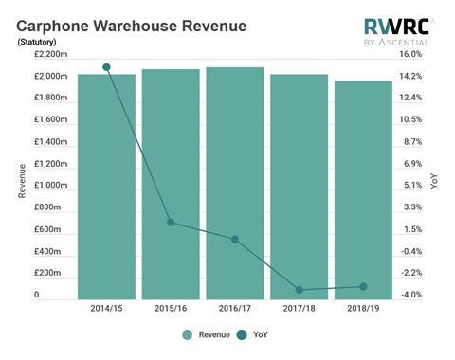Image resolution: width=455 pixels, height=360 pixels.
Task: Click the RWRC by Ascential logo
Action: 396,31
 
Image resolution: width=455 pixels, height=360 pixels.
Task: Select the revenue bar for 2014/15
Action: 106,186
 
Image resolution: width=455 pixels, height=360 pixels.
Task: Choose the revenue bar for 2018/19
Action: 362,189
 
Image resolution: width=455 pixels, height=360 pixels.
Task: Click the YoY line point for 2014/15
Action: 106,67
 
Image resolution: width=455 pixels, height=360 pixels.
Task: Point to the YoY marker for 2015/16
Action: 171,223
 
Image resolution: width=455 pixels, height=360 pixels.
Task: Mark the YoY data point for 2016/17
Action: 234,239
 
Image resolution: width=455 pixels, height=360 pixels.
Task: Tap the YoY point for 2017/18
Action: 299,290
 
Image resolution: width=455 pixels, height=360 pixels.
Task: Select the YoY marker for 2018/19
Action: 362,286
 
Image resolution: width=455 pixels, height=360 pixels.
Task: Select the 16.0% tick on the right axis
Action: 409,54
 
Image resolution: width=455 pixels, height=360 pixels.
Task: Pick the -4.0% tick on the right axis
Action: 409,296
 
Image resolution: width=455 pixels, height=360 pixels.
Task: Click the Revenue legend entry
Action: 205,334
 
